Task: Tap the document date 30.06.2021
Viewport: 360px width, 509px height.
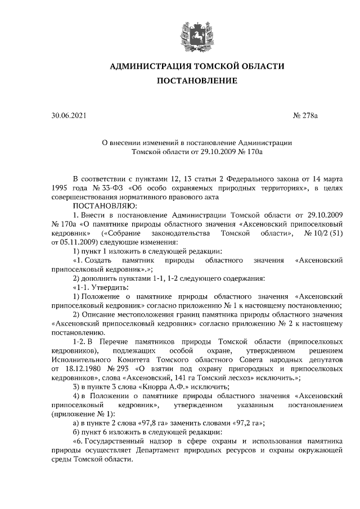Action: coord(69,117)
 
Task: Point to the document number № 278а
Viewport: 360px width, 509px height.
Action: coord(305,117)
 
